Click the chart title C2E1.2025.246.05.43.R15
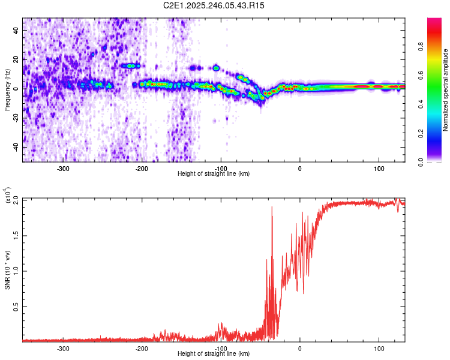tap(214, 5)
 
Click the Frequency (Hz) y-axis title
tap(7, 90)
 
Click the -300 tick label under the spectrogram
tap(63, 169)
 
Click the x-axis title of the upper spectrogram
tap(214, 174)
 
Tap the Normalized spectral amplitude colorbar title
tap(446, 90)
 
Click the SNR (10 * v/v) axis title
tap(7, 270)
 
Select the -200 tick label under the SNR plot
tap(142, 348)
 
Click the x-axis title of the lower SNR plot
tap(214, 354)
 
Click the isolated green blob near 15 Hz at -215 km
tap(130, 65)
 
